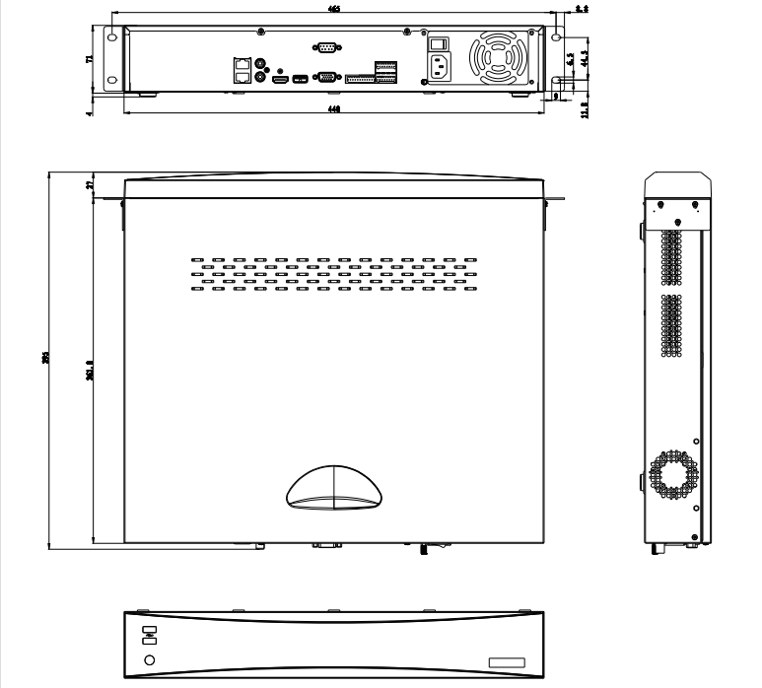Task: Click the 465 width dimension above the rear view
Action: (x=333, y=9)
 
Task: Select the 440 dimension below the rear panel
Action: (x=334, y=110)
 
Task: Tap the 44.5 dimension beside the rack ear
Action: (x=585, y=57)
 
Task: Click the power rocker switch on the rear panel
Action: (x=442, y=43)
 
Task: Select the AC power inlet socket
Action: (x=442, y=67)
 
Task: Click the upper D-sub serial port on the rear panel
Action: (x=325, y=46)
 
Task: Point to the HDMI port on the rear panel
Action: (x=280, y=77)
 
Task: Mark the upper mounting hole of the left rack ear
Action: (x=110, y=38)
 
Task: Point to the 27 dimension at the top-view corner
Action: (x=90, y=185)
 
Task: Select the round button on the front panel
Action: (x=149, y=659)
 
